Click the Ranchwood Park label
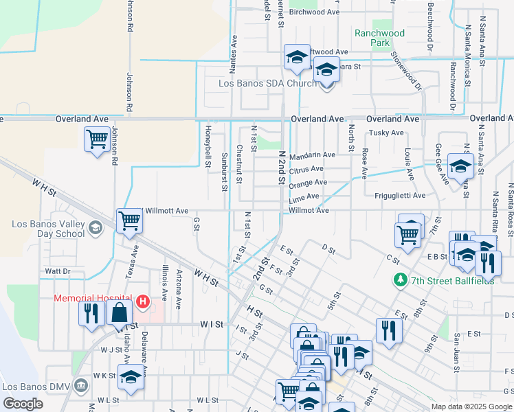click(x=379, y=38)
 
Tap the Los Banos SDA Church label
click(x=267, y=83)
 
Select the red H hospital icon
click(x=142, y=301)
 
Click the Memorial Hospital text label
click(x=95, y=298)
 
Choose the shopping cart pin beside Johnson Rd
click(x=97, y=139)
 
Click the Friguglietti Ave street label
click(x=400, y=196)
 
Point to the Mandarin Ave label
click(x=312, y=155)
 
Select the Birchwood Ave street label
click(x=315, y=12)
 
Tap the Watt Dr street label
click(x=57, y=271)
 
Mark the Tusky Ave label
click(x=385, y=133)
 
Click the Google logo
click(x=23, y=404)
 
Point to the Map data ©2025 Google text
click(x=471, y=407)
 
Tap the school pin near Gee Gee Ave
click(x=460, y=165)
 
